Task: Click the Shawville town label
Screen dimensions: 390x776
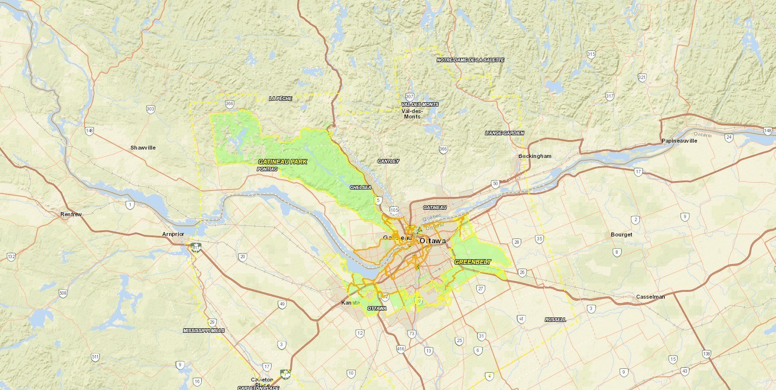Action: pyautogui.click(x=143, y=148)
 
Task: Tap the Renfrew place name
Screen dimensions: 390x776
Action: pyautogui.click(x=71, y=214)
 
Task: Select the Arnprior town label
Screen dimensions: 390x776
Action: pyautogui.click(x=173, y=234)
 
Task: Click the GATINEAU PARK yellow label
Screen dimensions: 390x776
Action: pyautogui.click(x=282, y=161)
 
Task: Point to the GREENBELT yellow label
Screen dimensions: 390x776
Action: pyautogui.click(x=472, y=262)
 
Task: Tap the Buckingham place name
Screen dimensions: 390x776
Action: pyautogui.click(x=535, y=156)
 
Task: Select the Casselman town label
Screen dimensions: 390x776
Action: pyautogui.click(x=650, y=297)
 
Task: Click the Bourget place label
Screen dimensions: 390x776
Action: pyautogui.click(x=621, y=234)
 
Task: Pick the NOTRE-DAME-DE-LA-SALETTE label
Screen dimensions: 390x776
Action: pyautogui.click(x=470, y=60)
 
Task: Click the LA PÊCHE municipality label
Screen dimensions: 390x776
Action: pyautogui.click(x=280, y=98)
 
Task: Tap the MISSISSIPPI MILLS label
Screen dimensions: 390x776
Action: pyautogui.click(x=204, y=330)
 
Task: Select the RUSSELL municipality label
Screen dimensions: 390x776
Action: pyautogui.click(x=555, y=319)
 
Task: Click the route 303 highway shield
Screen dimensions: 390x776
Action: pyautogui.click(x=150, y=109)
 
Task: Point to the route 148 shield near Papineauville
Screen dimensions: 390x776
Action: pyautogui.click(x=767, y=131)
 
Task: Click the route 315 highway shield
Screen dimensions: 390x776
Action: pyautogui.click(x=591, y=54)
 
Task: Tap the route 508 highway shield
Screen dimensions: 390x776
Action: pyautogui.click(x=63, y=293)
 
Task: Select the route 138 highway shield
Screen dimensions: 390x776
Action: pyautogui.click(x=706, y=354)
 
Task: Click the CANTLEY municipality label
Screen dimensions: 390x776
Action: pyautogui.click(x=388, y=161)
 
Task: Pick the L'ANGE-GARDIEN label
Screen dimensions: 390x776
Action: pyautogui.click(x=504, y=133)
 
